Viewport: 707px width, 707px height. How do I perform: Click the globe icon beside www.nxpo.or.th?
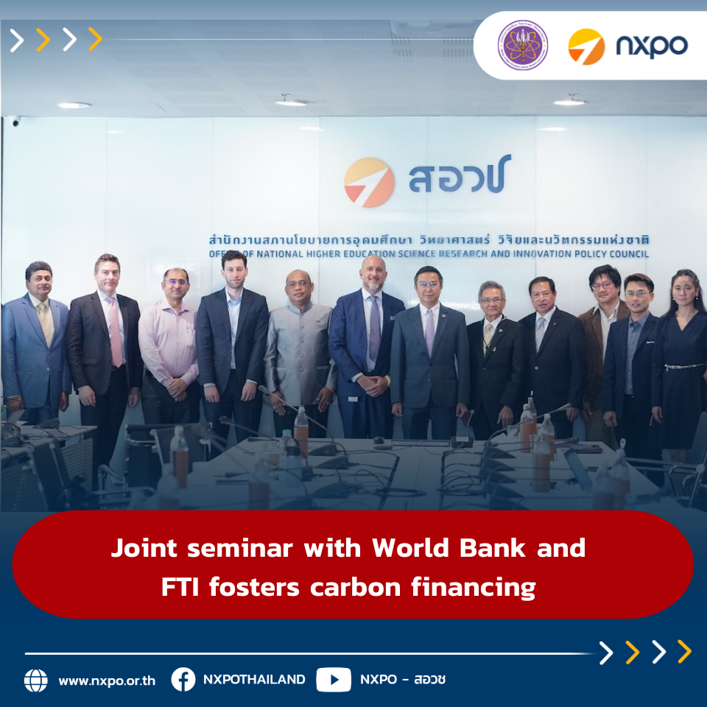point(35,680)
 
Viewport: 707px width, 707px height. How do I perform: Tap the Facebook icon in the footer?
point(183,680)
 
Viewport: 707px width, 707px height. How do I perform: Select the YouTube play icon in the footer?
point(334,680)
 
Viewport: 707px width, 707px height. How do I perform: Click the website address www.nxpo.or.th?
point(107,680)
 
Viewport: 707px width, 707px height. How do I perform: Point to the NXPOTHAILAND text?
point(253,680)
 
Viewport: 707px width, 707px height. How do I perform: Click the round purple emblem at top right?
point(522,45)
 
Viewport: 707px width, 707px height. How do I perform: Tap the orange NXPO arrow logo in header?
point(585,46)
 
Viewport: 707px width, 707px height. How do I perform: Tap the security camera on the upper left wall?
point(14,121)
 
